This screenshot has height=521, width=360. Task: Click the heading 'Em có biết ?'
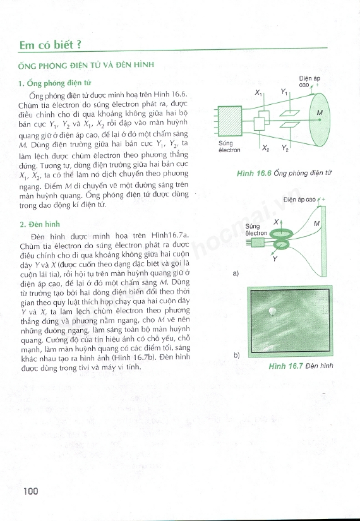[x=50, y=45]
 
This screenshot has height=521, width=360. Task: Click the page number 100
[x=31, y=491]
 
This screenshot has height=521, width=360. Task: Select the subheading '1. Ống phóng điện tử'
[x=55, y=83]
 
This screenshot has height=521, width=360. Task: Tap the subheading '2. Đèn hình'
[x=40, y=224]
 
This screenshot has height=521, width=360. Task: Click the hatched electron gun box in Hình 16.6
[x=230, y=121]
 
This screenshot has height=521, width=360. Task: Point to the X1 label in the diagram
[x=258, y=93]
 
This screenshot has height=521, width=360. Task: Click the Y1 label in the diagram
[x=284, y=92]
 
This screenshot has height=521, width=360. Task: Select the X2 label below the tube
[x=266, y=148]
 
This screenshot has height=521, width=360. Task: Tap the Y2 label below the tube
[x=285, y=148]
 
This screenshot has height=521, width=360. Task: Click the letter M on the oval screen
[x=320, y=112]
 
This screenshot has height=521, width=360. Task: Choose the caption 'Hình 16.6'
[x=254, y=174]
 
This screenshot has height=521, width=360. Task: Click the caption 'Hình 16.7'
[x=285, y=366]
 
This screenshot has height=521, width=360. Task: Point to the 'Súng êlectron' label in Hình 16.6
[x=229, y=147]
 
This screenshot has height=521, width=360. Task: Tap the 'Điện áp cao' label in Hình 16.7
[x=299, y=200]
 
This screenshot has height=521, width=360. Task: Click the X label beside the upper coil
[x=276, y=222]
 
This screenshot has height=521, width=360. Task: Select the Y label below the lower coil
[x=275, y=259]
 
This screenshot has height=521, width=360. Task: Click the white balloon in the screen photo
[x=272, y=311]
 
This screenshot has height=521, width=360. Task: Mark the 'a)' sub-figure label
[x=236, y=273]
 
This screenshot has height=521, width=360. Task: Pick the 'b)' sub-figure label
[x=236, y=355]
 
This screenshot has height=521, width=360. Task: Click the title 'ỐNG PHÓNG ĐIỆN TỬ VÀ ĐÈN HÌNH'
[x=86, y=65]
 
